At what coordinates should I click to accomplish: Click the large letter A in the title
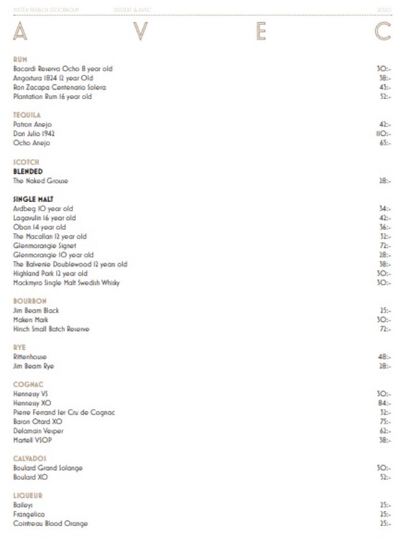20,32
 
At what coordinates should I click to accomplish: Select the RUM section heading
20,59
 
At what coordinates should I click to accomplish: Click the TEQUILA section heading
27,115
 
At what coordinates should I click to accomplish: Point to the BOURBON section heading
29,301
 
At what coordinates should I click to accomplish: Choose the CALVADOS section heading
30,458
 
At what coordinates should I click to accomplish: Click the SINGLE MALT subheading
33,199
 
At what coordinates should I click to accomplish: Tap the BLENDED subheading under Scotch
28,172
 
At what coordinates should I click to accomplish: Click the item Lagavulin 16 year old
45,218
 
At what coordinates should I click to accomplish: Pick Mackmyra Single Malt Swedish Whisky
67,283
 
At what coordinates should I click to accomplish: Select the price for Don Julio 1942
383,134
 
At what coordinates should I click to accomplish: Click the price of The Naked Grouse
384,181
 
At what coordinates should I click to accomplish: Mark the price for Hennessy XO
384,403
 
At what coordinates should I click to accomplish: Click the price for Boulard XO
384,477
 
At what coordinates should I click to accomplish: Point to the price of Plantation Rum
384,96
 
